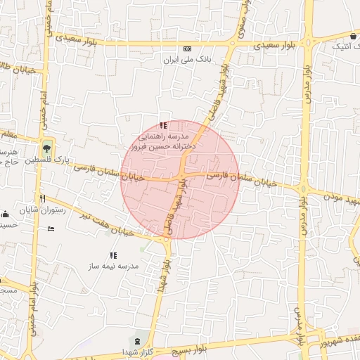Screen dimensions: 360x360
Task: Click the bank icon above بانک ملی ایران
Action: (187, 49)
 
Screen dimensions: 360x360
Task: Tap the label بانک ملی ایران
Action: (187, 60)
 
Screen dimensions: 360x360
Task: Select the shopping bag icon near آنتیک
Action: (352, 36)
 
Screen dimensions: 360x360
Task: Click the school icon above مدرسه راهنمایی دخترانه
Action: (164, 125)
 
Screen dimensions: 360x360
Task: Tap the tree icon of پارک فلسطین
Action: (46, 148)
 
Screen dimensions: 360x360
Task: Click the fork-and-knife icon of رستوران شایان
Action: (42, 198)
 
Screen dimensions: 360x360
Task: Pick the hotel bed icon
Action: (50, 229)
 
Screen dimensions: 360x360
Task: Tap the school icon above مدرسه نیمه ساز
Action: (113, 255)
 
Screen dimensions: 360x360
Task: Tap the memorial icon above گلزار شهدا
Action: (138, 340)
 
